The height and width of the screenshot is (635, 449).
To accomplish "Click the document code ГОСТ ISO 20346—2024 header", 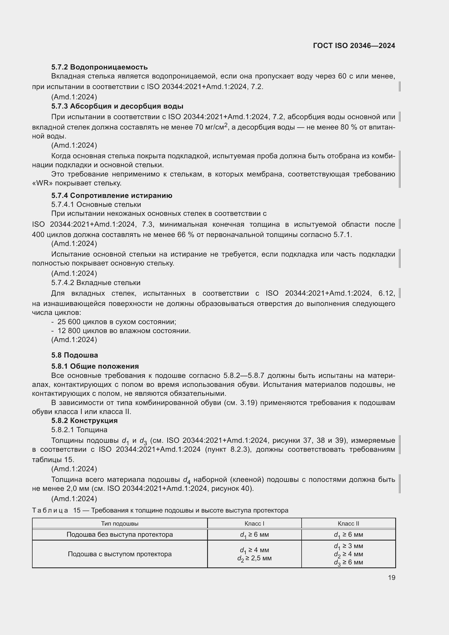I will click(x=354, y=46).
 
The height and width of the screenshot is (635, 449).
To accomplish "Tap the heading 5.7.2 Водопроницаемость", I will click(x=100, y=67).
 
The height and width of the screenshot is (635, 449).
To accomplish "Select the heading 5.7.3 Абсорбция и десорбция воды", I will click(x=117, y=106).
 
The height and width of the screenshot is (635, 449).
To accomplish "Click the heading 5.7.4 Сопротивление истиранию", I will click(x=112, y=195).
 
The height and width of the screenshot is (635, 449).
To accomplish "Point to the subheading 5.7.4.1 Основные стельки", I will click(x=96, y=204).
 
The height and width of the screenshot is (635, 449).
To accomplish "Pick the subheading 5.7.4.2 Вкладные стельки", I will click(x=96, y=283).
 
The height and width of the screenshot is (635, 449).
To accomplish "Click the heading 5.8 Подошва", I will click(x=75, y=355).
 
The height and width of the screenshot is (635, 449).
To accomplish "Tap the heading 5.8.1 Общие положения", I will click(x=95, y=366).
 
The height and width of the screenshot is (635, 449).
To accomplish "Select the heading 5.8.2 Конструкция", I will click(x=84, y=420).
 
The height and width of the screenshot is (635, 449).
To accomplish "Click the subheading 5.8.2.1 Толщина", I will click(x=79, y=430).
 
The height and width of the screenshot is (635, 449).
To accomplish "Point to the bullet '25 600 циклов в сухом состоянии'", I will click(x=117, y=322).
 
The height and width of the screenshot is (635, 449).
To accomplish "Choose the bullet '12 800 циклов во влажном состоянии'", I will click(x=124, y=331).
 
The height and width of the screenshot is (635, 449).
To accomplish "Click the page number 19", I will click(x=391, y=577).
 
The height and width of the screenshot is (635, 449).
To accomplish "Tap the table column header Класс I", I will click(x=254, y=523).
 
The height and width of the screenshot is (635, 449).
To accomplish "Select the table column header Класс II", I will click(x=348, y=523).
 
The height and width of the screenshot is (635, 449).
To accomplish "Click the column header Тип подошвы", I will click(x=120, y=523).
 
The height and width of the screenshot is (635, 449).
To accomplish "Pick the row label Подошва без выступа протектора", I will click(x=120, y=535).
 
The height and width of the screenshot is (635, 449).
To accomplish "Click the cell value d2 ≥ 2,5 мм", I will click(x=254, y=558).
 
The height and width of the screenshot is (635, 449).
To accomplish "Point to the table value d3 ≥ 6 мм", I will click(x=348, y=562).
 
